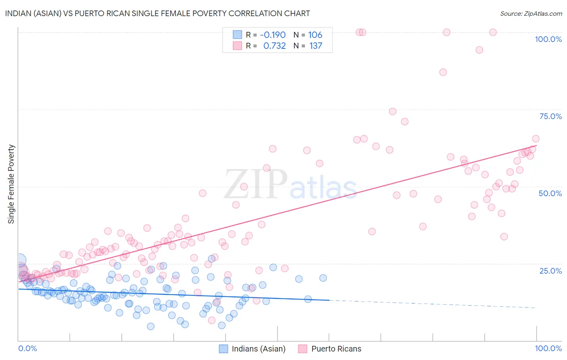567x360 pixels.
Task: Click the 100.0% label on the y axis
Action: pos(548,39)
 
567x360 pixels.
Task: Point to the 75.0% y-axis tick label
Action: pos(550,116)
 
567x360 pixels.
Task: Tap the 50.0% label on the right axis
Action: pos(550,193)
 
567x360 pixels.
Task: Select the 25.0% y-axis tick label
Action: pos(550,271)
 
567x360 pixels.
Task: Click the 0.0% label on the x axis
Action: pos(27,349)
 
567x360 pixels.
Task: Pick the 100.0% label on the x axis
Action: pos(548,349)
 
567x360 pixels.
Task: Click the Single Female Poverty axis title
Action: pos(11,184)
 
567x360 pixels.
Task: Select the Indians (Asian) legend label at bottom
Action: pos(258,349)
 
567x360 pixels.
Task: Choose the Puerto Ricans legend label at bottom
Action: pos(336,349)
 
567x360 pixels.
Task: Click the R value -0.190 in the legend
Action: pos(273,35)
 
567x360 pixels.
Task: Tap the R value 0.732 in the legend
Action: pos(274,46)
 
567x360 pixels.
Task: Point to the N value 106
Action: pos(315,35)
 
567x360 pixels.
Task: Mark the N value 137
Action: pos(316,46)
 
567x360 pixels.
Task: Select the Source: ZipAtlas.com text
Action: pos(531,14)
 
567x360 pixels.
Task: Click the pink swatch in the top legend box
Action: pos(237,46)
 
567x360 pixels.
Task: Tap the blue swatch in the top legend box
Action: pos(237,35)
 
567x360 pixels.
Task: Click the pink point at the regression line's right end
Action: pos(536,139)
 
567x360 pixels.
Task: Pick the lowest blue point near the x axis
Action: pos(150,326)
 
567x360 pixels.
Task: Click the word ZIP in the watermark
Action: pos(256,184)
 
